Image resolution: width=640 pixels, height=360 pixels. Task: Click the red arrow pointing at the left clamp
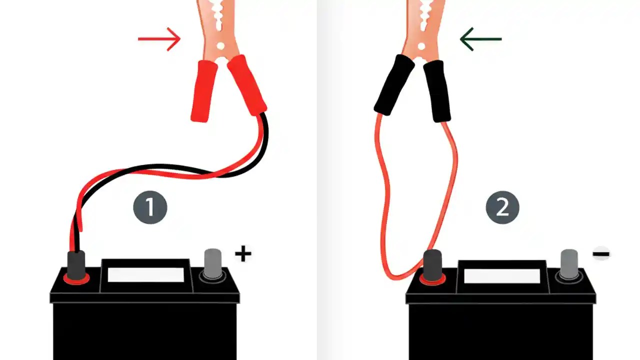pyautogui.click(x=159, y=39)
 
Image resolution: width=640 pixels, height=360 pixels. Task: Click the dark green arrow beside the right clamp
pyautogui.click(x=480, y=39)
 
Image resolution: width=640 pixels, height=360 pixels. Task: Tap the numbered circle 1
pyautogui.click(x=150, y=207)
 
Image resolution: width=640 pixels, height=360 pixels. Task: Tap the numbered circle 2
pyautogui.click(x=502, y=207)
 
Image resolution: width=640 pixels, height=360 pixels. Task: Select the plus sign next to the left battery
pyautogui.click(x=243, y=254)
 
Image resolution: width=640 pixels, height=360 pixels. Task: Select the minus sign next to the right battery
pyautogui.click(x=601, y=254)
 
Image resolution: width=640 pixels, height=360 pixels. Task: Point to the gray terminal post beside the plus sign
pyautogui.click(x=213, y=263)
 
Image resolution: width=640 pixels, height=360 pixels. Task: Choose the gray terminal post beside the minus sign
pyautogui.click(x=569, y=263)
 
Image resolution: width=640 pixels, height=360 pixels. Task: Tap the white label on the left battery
pyautogui.click(x=145, y=274)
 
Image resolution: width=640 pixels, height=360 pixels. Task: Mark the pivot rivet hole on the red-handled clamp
pyautogui.click(x=220, y=46)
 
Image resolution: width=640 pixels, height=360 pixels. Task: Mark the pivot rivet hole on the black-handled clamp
pyautogui.click(x=421, y=46)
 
